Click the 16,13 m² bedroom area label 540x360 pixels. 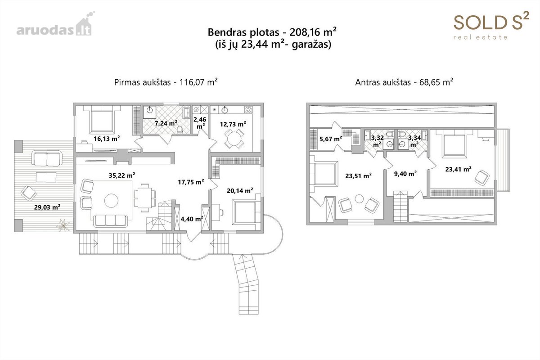coord(107,139)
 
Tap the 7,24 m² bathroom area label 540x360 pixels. coord(166,123)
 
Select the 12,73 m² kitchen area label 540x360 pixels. coord(233,124)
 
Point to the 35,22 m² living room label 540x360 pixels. coord(122,175)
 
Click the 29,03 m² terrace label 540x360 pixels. coord(47,207)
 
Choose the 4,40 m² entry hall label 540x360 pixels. coord(192,219)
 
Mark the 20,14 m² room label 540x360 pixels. coord(240,191)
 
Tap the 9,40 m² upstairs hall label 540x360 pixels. coord(405,174)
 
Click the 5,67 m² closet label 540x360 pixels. coord(331,139)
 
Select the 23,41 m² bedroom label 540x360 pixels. coord(458,169)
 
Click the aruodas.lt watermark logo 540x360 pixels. coord(55,24)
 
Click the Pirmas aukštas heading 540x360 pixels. coord(166,82)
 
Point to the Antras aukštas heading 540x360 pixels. coord(404,82)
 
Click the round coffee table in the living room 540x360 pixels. coord(112,200)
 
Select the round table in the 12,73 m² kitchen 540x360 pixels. coord(234,139)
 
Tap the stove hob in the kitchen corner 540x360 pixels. coord(248,110)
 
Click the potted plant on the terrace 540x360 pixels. coord(63,225)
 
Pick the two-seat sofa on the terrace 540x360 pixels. coord(47,158)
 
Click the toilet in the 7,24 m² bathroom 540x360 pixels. coord(180,130)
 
